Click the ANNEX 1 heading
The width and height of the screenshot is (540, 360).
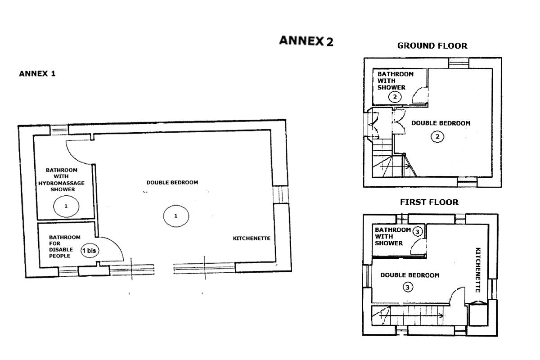37,73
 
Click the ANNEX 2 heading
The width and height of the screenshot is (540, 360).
306,41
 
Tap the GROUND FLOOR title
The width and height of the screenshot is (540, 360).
432,45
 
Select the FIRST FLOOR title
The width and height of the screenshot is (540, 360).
429,202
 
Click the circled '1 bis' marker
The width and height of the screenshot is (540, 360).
90,251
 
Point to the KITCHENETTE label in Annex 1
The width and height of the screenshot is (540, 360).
252,238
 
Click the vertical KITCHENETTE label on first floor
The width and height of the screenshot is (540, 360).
478,270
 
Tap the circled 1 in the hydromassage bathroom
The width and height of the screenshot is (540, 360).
66,206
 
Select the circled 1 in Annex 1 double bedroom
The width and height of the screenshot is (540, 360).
176,216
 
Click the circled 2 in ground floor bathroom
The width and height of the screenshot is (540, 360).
395,97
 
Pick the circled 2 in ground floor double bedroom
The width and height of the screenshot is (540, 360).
437,137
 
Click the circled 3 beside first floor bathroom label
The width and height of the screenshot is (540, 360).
417,232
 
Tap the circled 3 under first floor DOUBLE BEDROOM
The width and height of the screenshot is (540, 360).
408,287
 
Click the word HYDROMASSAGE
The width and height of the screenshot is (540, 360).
62,183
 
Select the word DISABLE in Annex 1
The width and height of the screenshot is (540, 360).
61,250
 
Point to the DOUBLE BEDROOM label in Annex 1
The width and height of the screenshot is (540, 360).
172,183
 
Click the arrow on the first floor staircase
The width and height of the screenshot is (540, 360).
411,315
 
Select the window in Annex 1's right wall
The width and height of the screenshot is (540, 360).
281,195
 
